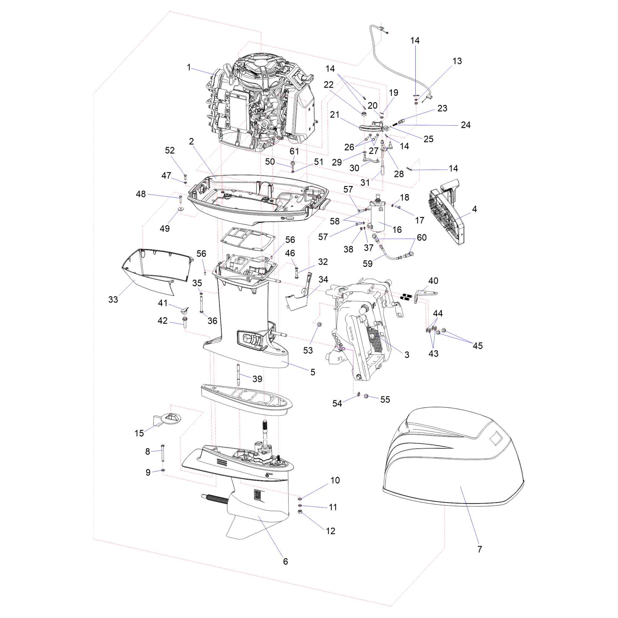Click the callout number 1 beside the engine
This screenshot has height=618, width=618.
pyautogui.click(x=189, y=67)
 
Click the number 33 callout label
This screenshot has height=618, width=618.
pyautogui.click(x=113, y=299)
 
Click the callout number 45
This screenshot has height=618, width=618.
pyautogui.click(x=478, y=346)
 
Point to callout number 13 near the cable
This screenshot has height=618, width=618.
pyautogui.click(x=457, y=61)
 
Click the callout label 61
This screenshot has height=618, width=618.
pyautogui.click(x=294, y=151)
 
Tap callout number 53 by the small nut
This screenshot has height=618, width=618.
pyautogui.click(x=308, y=350)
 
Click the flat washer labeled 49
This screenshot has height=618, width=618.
pyautogui.click(x=181, y=209)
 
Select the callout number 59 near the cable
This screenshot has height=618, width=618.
pyautogui.click(x=367, y=264)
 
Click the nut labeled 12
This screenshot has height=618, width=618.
pyautogui.click(x=300, y=512)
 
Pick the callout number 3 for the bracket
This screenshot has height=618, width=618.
pyautogui.click(x=407, y=354)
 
